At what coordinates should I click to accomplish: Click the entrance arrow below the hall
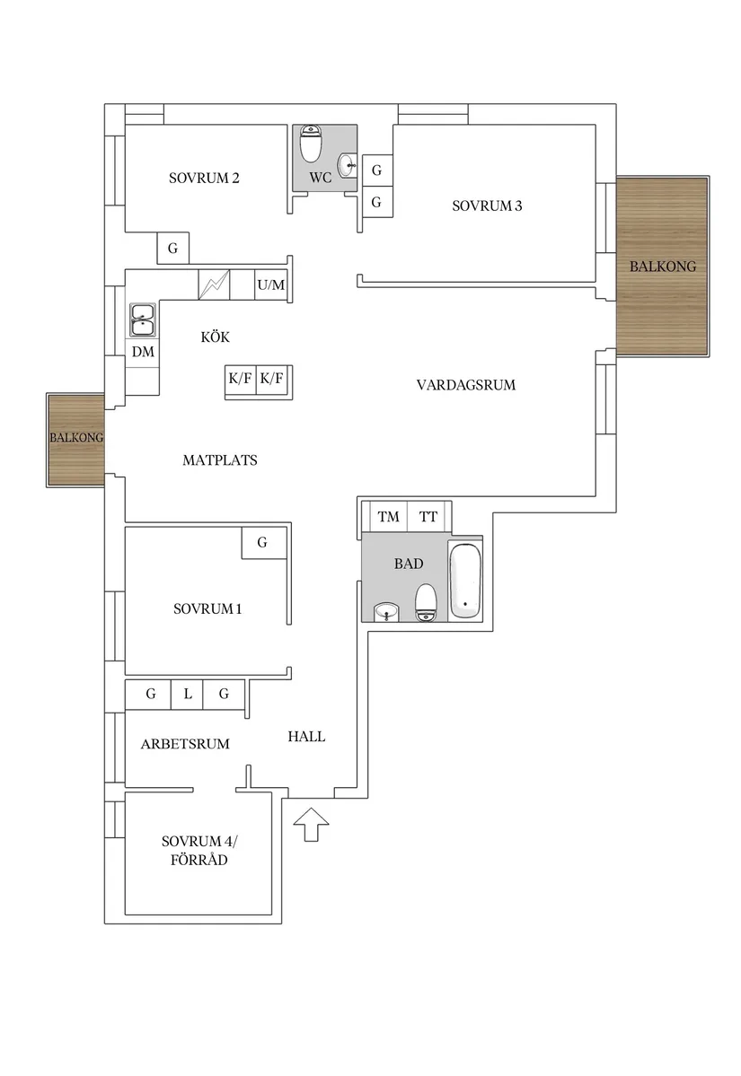311,824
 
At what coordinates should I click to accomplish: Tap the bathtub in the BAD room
466,581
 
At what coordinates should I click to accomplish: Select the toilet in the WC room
311,144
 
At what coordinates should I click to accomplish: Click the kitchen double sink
143,320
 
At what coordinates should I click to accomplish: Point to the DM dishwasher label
143,352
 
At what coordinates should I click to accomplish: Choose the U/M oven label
271,284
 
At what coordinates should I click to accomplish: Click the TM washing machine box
388,517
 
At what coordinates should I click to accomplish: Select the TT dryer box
428,517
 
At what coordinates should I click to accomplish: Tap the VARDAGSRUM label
465,385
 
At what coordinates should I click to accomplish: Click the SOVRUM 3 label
487,206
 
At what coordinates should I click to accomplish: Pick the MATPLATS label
220,460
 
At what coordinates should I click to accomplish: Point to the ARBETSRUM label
185,744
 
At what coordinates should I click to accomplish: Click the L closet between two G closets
188,695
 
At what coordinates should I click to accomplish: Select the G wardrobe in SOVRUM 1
263,543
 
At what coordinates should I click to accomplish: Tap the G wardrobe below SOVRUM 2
173,249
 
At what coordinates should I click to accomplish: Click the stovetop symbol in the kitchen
215,284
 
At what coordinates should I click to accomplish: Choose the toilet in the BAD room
427,602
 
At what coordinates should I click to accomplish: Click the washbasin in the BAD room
386,611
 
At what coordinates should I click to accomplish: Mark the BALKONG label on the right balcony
663,267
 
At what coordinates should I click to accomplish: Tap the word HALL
306,737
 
